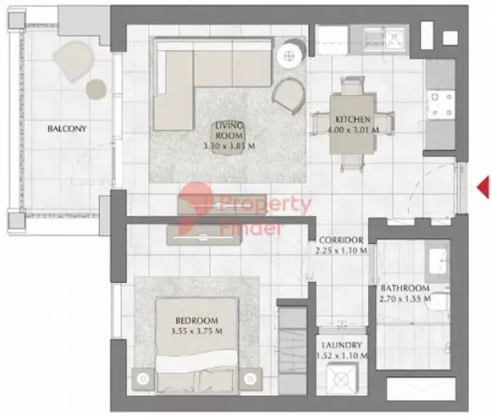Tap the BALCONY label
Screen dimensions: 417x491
click(67, 129)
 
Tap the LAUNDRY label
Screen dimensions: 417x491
click(342, 346)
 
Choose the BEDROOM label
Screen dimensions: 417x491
click(197, 320)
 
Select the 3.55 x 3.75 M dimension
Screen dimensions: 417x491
click(197, 332)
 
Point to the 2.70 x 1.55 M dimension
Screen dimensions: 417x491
click(405, 299)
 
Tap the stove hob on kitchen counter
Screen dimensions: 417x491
click(440, 105)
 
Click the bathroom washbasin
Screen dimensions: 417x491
click(440, 263)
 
